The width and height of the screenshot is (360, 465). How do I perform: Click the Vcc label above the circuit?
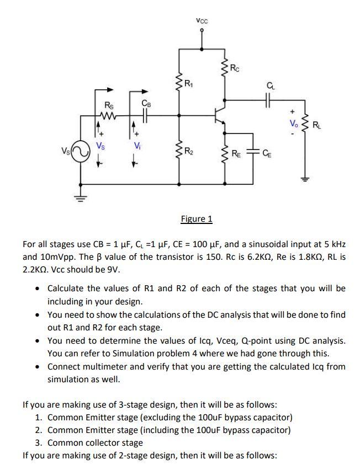coord(202,22)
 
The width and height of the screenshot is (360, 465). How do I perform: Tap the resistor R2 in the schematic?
coord(179,150)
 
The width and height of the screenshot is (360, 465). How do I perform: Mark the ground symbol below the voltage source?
coord(81,200)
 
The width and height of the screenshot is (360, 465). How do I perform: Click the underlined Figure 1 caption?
coord(197,219)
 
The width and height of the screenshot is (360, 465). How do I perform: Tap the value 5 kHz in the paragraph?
coord(333,244)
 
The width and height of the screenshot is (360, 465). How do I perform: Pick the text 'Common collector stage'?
coord(95,442)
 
